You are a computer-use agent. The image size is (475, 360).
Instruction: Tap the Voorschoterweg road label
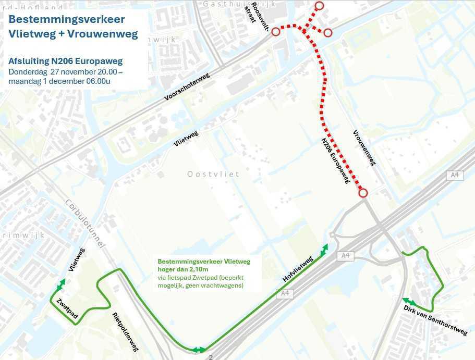[187, 86]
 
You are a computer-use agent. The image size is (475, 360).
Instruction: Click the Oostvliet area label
[213, 174]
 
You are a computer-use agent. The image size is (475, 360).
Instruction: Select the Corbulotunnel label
[87, 224]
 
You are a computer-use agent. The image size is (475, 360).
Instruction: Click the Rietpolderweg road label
[126, 331]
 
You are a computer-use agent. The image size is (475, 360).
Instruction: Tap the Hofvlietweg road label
[298, 269]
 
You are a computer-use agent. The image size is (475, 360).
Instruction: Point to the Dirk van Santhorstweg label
[435, 320]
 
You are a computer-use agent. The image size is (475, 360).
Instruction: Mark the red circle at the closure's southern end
[363, 193]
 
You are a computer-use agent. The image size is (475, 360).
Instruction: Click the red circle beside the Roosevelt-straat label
[276, 32]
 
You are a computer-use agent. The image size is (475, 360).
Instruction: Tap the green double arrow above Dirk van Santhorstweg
[409, 302]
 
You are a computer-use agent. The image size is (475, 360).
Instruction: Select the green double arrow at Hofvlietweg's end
[324, 249]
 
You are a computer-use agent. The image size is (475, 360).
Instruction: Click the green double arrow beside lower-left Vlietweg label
[61, 284]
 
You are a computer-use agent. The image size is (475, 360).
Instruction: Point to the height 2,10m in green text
[198, 269]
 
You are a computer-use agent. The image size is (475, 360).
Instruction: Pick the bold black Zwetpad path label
[67, 308]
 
